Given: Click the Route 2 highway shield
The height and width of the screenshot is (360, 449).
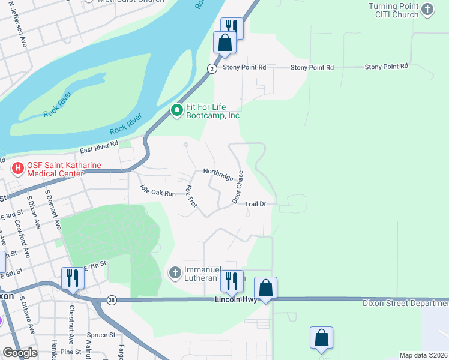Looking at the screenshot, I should click(x=212, y=68).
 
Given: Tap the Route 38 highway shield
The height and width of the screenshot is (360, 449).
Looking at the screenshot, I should click(x=112, y=299).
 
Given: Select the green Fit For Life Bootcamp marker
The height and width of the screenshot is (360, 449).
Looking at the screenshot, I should click(x=176, y=110).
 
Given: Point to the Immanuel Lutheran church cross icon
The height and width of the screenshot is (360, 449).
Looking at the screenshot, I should click(x=175, y=273).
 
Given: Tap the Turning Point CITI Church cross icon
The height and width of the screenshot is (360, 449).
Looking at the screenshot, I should click(x=427, y=9).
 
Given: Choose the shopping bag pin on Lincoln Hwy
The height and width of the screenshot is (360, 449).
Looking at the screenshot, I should click(x=265, y=289).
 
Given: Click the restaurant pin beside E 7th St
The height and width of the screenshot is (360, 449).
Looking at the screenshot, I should click(x=73, y=278).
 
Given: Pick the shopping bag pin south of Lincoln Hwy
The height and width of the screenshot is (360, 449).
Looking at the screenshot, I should click(x=321, y=338).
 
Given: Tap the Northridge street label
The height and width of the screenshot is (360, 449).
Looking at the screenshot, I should click(x=218, y=175).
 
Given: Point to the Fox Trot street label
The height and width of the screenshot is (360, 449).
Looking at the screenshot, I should click(x=191, y=196).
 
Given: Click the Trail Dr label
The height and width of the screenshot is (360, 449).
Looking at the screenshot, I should click(x=255, y=204).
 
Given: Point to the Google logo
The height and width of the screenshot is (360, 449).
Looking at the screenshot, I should click(x=20, y=352).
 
